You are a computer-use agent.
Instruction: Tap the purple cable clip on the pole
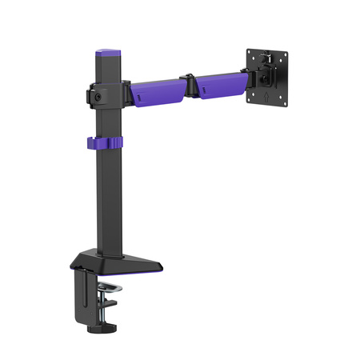pos(104,143)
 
